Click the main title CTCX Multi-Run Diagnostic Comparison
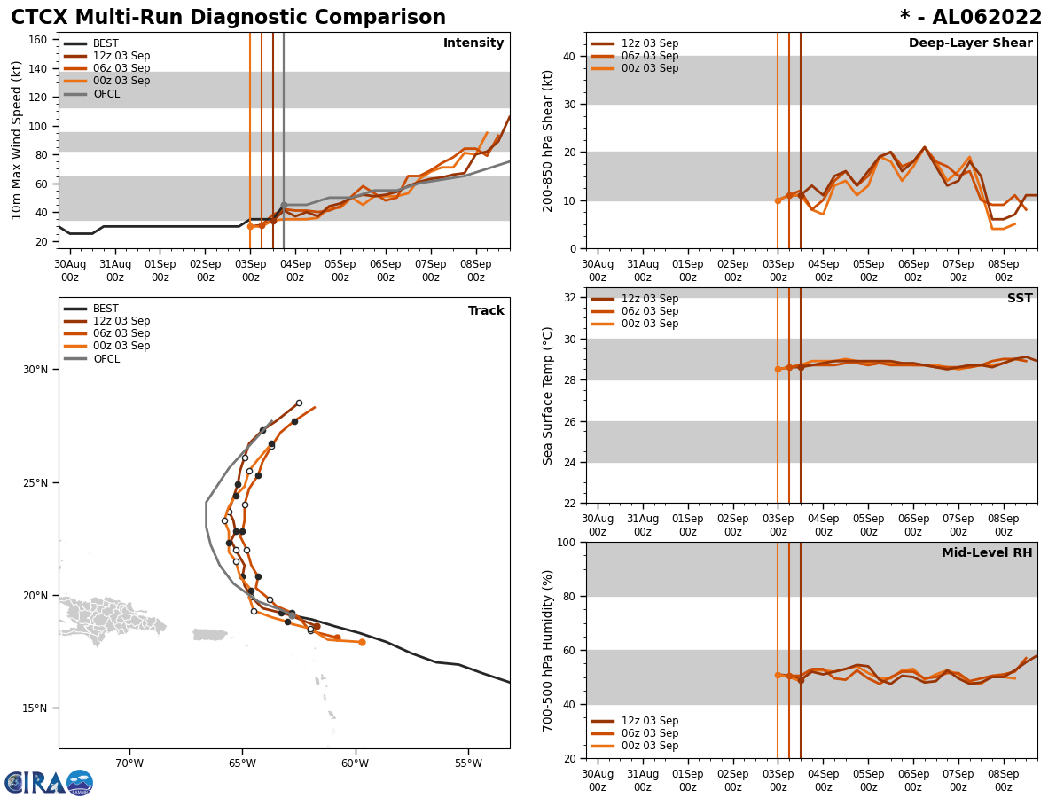point(228,18)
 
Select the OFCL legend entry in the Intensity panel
point(106,94)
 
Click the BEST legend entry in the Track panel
point(106,309)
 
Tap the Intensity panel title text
point(473,43)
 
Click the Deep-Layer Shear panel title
point(970,43)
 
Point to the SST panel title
point(1019,299)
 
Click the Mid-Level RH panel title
point(986,553)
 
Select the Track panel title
point(486,311)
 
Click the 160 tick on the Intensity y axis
point(39,40)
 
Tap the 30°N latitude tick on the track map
point(36,370)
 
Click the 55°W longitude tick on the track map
point(468,763)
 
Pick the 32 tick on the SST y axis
point(569,298)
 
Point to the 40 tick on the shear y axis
point(569,56)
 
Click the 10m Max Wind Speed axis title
point(17,140)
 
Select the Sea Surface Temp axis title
point(548,395)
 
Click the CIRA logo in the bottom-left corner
point(48,782)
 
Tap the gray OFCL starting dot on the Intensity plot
point(284,205)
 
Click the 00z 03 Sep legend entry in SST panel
point(649,324)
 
